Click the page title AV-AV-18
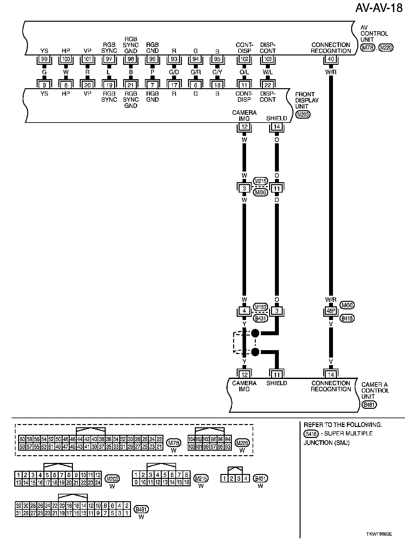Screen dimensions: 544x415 point(379,8)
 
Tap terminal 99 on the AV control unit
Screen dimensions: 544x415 point(44,59)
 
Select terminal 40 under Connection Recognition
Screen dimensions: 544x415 point(331,59)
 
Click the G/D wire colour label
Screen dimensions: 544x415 point(174,72)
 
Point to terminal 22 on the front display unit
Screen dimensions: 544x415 point(268,85)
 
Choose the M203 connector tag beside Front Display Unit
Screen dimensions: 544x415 point(303,114)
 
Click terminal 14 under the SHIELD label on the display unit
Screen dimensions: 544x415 point(277,127)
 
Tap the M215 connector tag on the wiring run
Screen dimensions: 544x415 point(261,181)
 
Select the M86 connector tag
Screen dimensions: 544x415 point(261,193)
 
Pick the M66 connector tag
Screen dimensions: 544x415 point(348,305)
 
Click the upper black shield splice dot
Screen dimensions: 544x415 point(255,333)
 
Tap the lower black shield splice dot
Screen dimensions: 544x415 point(255,352)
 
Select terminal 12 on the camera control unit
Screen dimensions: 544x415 point(244,375)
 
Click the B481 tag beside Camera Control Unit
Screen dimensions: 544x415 point(370,405)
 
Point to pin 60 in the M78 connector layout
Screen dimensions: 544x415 point(22,439)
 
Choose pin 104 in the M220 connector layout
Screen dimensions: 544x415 point(192,439)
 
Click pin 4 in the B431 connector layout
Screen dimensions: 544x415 point(246,478)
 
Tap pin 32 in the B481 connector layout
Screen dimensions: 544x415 point(18,505)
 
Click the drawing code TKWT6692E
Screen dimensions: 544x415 point(382,534)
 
